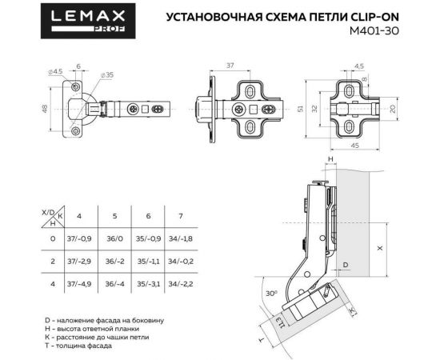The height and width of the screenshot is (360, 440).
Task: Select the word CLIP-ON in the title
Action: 374,16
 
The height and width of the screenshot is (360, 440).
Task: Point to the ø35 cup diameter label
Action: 106,74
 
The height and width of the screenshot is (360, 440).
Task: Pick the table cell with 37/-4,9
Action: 79,282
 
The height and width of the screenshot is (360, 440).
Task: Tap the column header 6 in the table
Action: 147,216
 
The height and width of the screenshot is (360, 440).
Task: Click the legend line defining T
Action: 79,346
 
